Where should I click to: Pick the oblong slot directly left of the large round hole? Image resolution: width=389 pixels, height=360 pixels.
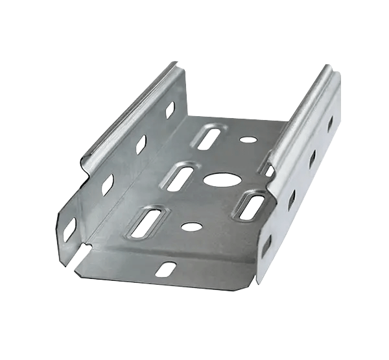pyautogui.click(x=182, y=176)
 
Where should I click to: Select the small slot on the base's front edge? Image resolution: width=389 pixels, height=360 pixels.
pyautogui.click(x=165, y=269)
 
